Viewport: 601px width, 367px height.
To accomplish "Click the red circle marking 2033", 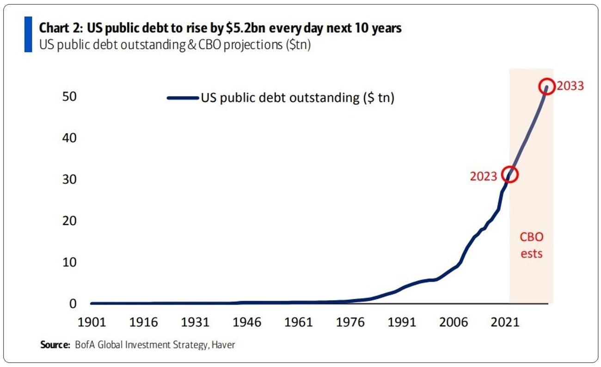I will (x=546, y=87).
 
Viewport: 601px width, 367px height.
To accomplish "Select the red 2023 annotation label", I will (x=484, y=176).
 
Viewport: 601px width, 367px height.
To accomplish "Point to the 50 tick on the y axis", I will (x=69, y=97).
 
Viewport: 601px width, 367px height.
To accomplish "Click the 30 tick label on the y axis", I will (x=69, y=180).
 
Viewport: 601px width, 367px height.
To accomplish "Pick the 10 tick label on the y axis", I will (x=69, y=263).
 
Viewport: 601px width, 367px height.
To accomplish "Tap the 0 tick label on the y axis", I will (x=73, y=304).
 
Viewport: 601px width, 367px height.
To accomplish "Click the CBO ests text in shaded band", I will (x=531, y=245).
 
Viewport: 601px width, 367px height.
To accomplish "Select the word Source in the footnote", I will (x=55, y=345).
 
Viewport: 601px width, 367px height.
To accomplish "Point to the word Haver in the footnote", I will (x=223, y=345).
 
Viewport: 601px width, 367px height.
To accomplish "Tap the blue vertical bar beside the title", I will (x=28, y=35).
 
